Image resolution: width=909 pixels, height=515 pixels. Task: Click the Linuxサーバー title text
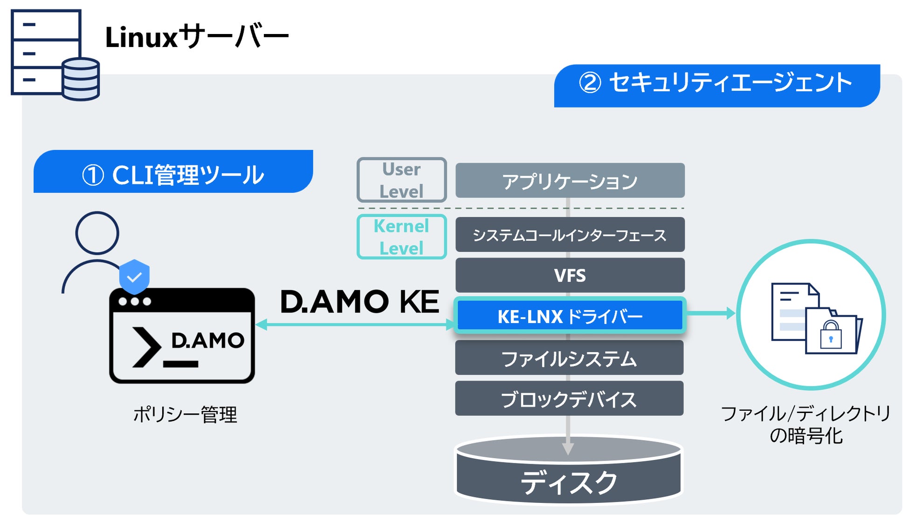[196, 37]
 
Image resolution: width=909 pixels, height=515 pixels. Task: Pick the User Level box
[401, 180]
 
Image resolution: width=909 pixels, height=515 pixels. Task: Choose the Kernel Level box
[401, 237]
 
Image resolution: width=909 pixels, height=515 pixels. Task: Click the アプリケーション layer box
[570, 181]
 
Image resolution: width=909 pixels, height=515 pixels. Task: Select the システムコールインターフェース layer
[570, 235]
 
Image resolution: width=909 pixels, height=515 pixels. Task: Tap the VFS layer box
[570, 275]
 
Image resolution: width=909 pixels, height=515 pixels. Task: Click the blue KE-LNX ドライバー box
[570, 316]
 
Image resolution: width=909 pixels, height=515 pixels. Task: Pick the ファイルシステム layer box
[569, 358]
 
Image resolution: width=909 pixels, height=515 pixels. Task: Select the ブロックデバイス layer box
[569, 399]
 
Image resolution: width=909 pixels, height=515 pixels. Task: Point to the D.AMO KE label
[359, 302]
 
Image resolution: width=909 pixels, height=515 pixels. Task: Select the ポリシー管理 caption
[185, 414]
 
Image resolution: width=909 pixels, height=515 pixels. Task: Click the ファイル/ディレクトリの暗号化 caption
[806, 424]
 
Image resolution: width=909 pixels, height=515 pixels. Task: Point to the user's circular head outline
[97, 233]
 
